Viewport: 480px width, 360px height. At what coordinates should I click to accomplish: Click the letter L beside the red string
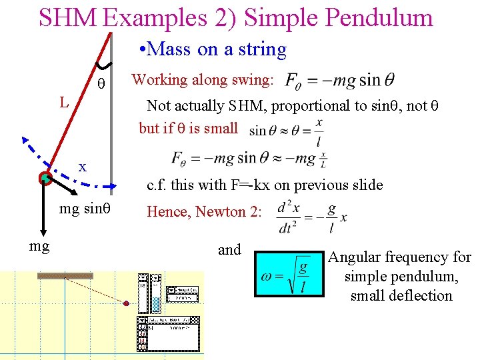(x=63, y=103)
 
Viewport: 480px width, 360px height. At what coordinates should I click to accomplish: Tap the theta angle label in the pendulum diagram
(x=101, y=85)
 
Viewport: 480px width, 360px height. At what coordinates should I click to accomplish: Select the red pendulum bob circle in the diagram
(x=45, y=178)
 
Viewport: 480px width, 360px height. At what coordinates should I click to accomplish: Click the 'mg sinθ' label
(x=85, y=209)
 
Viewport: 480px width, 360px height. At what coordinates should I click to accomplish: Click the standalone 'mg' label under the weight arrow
(x=39, y=247)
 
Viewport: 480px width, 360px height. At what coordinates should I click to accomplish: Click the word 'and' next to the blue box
(x=229, y=250)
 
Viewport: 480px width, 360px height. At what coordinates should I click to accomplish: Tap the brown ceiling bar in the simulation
(x=65, y=275)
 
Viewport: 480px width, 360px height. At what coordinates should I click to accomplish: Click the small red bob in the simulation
(x=127, y=304)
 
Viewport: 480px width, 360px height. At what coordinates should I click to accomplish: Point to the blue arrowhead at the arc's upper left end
(x=25, y=141)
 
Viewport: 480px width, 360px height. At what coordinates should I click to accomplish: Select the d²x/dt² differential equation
(x=312, y=217)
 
